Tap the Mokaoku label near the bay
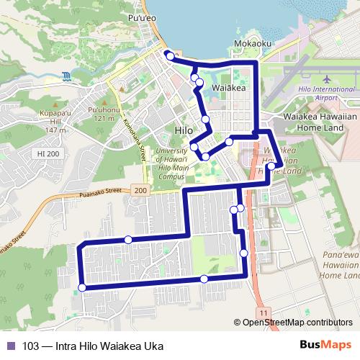pos(253,44)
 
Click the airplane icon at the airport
pos(326,78)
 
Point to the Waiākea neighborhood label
pos(230,87)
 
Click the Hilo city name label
pos(184,130)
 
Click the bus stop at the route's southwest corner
pos(81,287)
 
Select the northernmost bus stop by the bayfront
pos(168,55)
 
